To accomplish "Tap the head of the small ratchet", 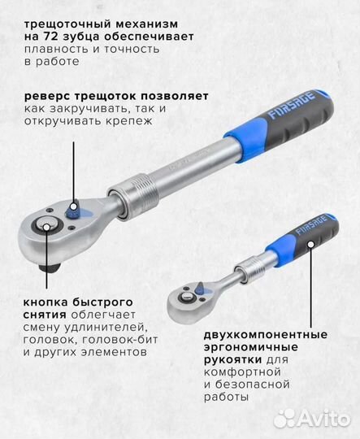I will point(188,301).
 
